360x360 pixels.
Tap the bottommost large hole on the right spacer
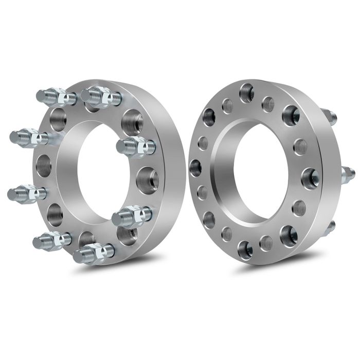pos(245,249)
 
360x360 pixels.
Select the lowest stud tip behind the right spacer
pos(329,226)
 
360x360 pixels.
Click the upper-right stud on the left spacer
pos(135,147)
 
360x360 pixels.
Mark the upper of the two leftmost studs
pos(28,137)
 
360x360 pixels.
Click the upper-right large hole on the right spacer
pos(291,115)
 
